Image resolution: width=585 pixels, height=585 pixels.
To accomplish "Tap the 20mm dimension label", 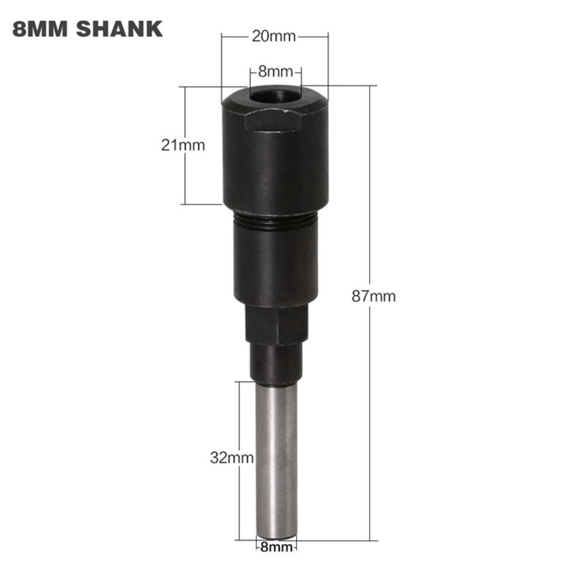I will (274, 36).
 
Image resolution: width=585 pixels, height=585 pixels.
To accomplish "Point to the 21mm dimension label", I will (183, 145).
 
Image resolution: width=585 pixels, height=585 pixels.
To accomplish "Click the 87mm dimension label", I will (373, 296).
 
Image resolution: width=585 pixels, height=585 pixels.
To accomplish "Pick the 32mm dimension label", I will (232, 457).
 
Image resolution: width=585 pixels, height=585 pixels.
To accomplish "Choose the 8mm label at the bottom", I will (276, 548).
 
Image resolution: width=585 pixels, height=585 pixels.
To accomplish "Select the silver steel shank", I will (276, 456).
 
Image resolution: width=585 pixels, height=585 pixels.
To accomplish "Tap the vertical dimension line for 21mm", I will (185, 181).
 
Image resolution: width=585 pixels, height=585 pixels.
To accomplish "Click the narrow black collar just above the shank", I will (275, 363).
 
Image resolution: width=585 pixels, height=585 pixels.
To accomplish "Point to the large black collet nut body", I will (275, 164).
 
